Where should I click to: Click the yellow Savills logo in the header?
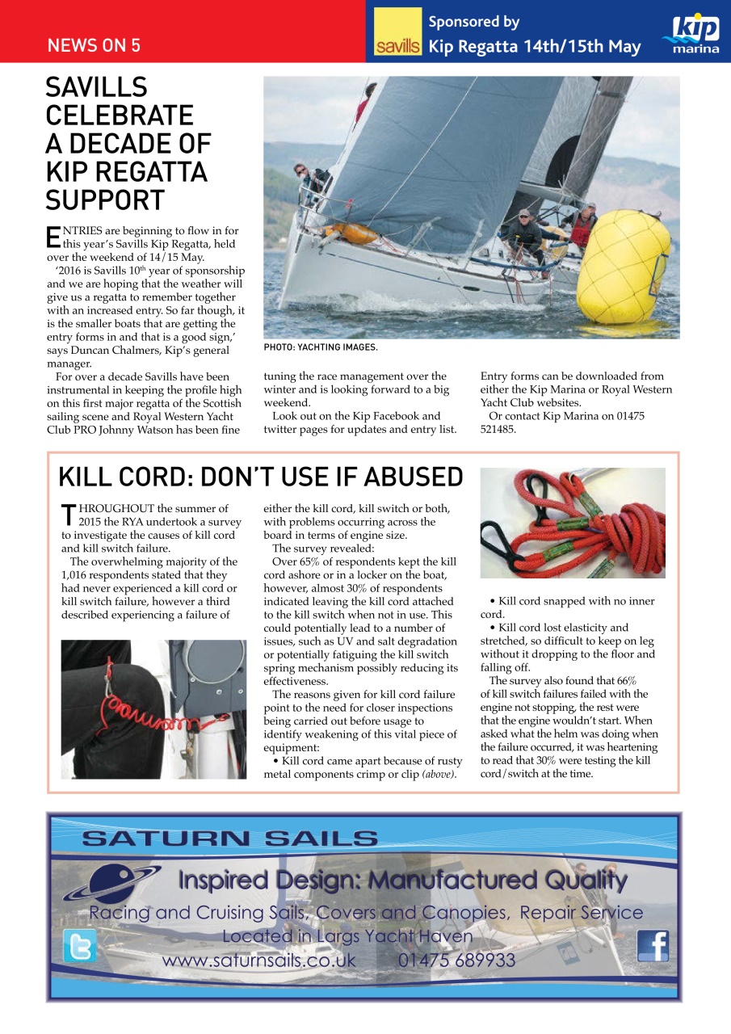click(397, 32)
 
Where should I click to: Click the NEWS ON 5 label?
click(94, 45)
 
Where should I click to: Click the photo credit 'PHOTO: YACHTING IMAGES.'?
click(321, 347)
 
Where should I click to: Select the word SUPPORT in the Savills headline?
click(105, 200)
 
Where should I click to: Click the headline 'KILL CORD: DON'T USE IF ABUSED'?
click(260, 477)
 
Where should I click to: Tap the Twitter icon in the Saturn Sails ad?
click(79, 946)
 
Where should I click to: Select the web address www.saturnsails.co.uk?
click(258, 960)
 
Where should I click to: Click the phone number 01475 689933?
click(456, 960)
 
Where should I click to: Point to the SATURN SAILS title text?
click(229, 839)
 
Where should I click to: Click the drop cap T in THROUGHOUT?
click(68, 515)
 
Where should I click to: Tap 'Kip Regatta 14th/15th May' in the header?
click(534, 46)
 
